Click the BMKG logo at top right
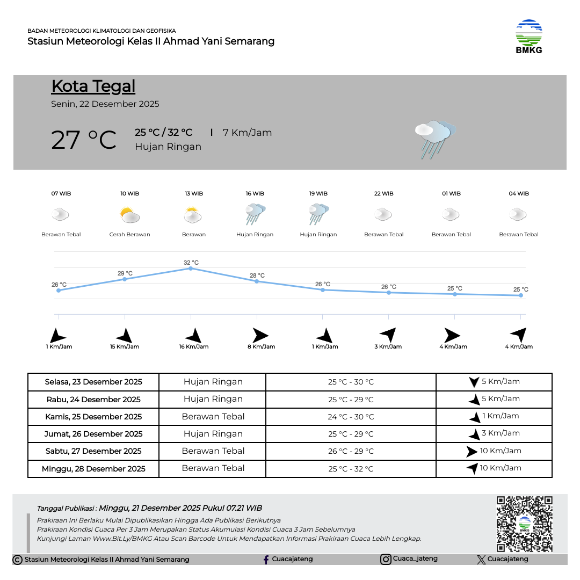pyautogui.click(x=529, y=36)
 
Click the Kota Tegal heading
pyautogui.click(x=93, y=86)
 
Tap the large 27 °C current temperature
pyautogui.click(x=84, y=140)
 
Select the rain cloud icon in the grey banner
pyautogui.click(x=434, y=139)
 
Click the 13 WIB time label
pyautogui.click(x=194, y=193)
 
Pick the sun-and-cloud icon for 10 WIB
pyautogui.click(x=129, y=215)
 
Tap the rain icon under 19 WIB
pyautogui.click(x=318, y=214)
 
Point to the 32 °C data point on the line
pyautogui.click(x=191, y=268)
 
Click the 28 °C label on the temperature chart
pyautogui.click(x=257, y=275)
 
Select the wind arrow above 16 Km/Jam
pyautogui.click(x=193, y=336)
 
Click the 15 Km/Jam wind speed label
pyautogui.click(x=125, y=347)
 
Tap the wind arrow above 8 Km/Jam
pyautogui.click(x=260, y=336)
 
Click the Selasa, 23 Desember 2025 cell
pyautogui.click(x=93, y=382)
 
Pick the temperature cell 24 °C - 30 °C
pyautogui.click(x=351, y=417)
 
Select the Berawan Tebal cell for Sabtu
pyautogui.click(x=213, y=451)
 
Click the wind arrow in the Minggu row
pyautogui.click(x=473, y=468)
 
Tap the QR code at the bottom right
pyautogui.click(x=524, y=524)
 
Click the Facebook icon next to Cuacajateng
pyautogui.click(x=266, y=560)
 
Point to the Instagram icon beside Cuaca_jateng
pyautogui.click(x=386, y=559)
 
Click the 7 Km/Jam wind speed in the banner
pyautogui.click(x=247, y=133)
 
